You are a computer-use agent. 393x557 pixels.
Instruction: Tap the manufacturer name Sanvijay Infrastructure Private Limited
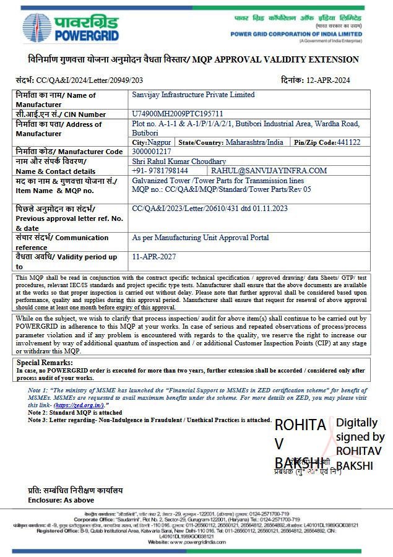click(194, 95)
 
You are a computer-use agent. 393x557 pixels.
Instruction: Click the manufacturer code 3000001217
click(152, 151)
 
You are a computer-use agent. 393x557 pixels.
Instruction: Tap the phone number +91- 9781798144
click(160, 170)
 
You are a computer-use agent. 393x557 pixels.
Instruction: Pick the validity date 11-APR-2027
click(154, 256)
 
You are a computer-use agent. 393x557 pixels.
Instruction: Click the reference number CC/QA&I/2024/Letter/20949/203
click(90, 80)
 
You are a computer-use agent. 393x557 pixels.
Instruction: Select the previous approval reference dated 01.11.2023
click(210, 209)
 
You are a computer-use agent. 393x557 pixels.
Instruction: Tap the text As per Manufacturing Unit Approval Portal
click(201, 237)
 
